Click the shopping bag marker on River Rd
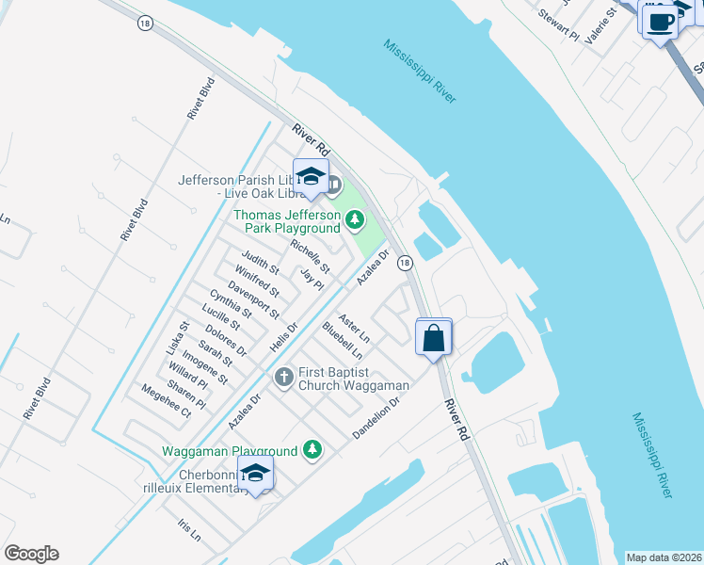[434, 337]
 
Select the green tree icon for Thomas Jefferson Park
[354, 221]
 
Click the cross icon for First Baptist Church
[283, 378]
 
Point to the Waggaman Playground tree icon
[312, 451]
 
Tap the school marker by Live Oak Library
[311, 176]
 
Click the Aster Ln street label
[354, 328]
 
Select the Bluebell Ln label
[342, 340]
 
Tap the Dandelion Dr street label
[376, 417]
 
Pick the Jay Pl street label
[311, 279]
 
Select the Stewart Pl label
[557, 25]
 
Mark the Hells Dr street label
[281, 335]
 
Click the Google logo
[31, 554]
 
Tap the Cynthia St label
[231, 304]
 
